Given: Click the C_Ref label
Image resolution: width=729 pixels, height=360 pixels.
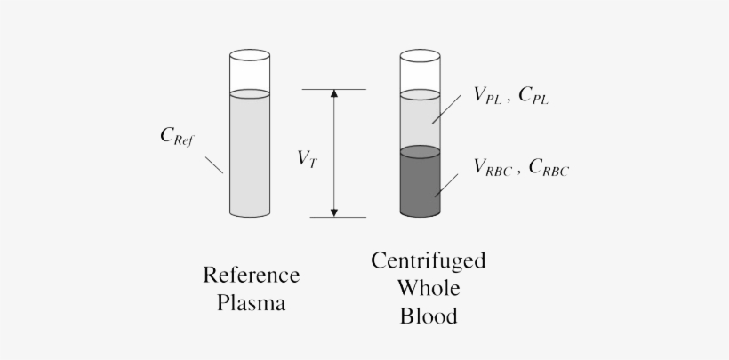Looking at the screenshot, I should [x=177, y=137].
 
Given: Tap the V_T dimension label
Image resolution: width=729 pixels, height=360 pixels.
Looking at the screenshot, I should [x=307, y=159].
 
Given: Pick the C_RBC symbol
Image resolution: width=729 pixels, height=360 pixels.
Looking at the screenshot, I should [x=548, y=167].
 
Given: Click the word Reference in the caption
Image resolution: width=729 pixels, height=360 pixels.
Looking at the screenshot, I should [x=252, y=275].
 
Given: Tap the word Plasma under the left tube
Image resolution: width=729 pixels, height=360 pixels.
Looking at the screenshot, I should [x=252, y=303].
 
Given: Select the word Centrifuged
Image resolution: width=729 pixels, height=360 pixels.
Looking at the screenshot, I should [x=429, y=261].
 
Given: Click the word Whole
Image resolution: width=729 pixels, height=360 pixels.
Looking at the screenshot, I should [x=429, y=288].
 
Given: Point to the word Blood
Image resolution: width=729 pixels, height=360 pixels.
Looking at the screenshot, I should [x=429, y=316].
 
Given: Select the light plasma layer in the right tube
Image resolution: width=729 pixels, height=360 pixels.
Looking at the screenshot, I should [x=420, y=122].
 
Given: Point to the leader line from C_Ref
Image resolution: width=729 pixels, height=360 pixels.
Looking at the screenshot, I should [x=214, y=166].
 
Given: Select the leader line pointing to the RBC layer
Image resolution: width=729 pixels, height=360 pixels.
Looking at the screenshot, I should [x=447, y=185].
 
